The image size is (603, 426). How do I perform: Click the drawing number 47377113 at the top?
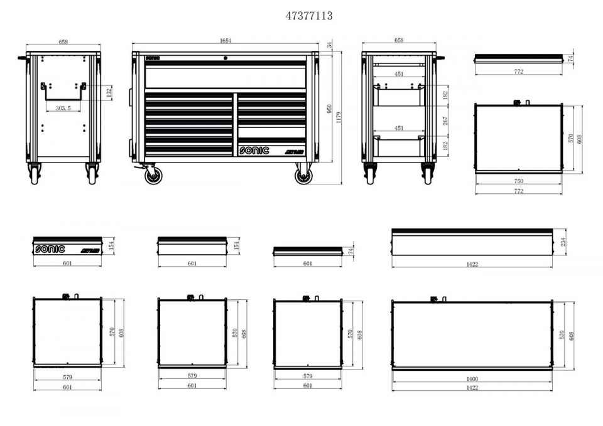click(309, 16)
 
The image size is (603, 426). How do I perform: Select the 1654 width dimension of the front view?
click(225, 41)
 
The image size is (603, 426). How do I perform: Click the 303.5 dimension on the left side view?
click(63, 109)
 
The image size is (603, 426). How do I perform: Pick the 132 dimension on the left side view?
click(108, 92)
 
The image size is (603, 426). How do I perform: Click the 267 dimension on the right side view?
click(445, 121)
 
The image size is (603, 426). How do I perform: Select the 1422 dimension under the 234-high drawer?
click(472, 265)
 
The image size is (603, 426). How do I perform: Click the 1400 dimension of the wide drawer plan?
click(472, 379)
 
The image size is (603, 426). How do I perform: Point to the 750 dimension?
click(518, 181)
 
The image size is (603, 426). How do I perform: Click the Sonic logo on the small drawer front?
click(50, 248)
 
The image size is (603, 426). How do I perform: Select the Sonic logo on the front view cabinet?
click(253, 151)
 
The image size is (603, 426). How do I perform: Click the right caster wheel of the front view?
click(304, 175)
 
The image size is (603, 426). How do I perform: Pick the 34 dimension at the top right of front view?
click(330, 45)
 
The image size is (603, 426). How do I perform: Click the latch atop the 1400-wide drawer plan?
click(433, 298)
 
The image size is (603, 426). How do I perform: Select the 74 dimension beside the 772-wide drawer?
click(570, 58)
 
